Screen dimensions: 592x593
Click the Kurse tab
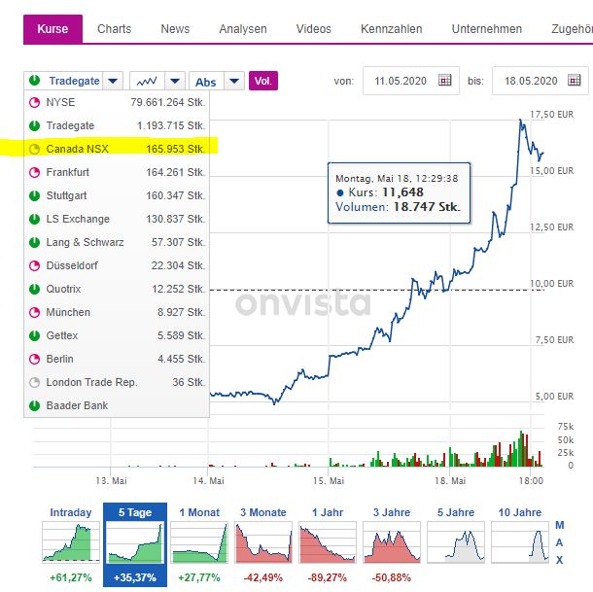[52, 29]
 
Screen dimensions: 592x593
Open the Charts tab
[114, 29]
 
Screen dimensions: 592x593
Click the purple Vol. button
[263, 81]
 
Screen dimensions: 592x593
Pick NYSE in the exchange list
[60, 102]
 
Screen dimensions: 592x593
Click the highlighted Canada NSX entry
[77, 149]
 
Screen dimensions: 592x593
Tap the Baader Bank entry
[77, 405]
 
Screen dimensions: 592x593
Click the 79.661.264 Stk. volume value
[167, 102]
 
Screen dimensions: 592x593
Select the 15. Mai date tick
[330, 480]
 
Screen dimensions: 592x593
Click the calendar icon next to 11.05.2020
[445, 81]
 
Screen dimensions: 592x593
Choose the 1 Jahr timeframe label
[328, 512]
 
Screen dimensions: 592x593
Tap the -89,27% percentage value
[328, 577]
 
